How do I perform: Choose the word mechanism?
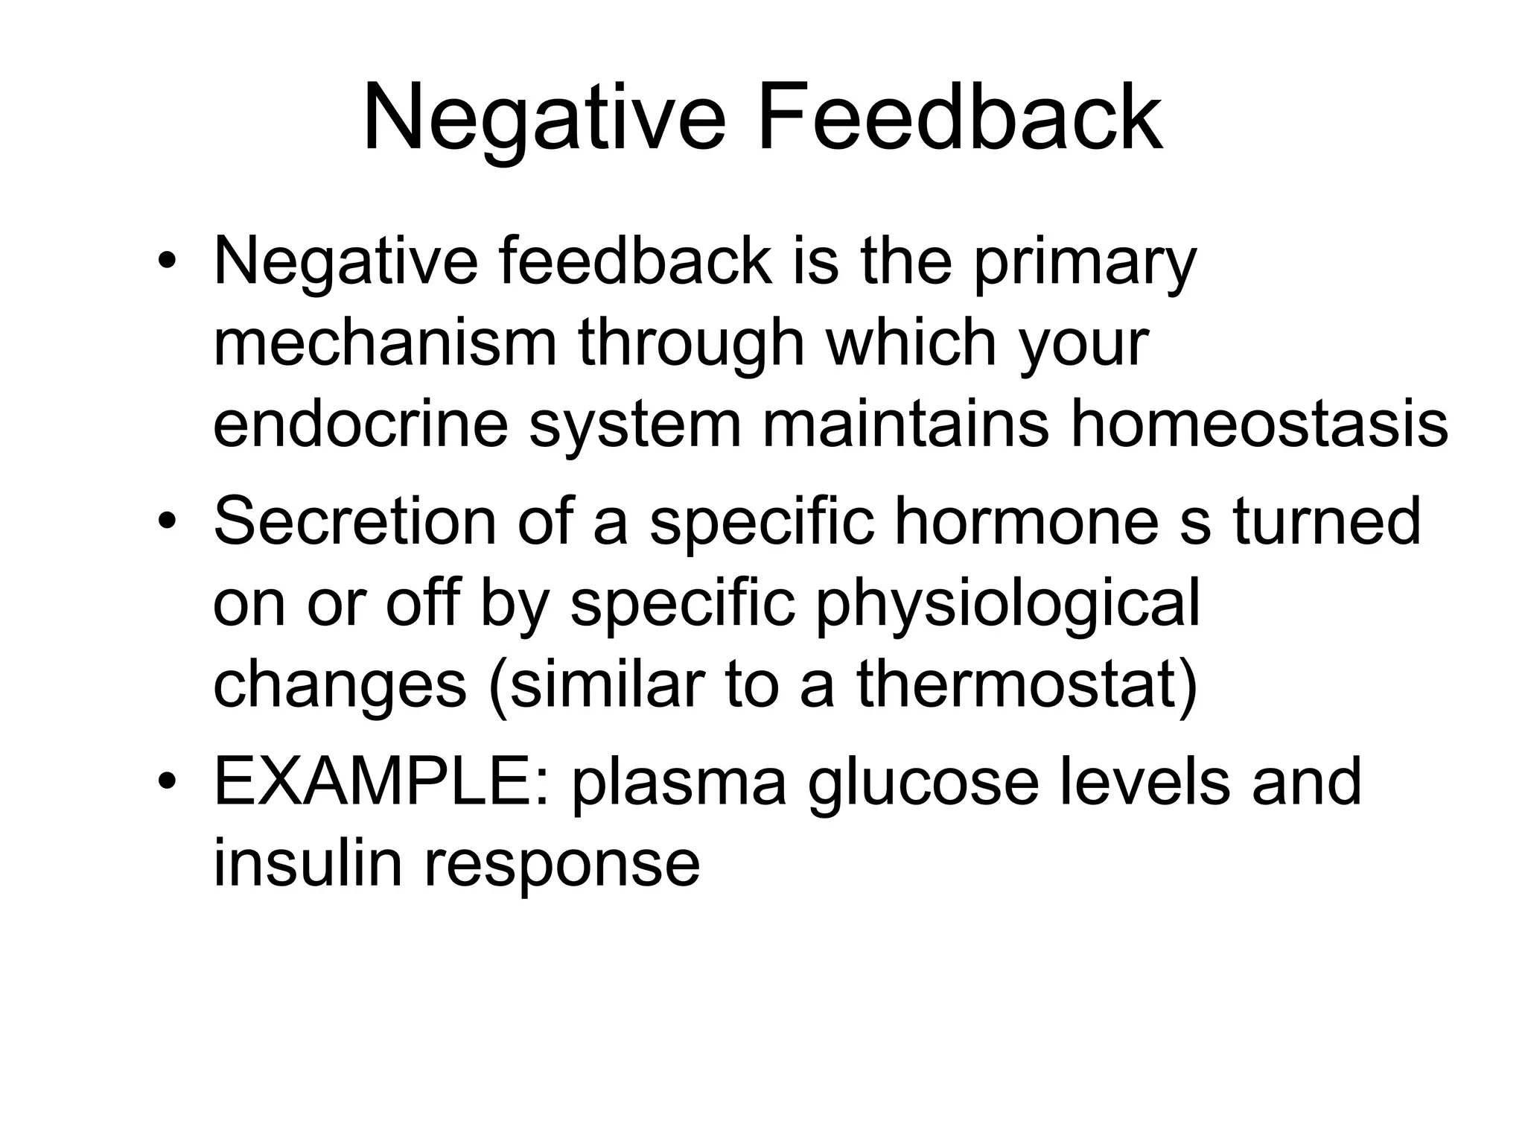tap(385, 344)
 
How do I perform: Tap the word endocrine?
tap(360, 425)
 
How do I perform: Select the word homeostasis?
tap(1259, 425)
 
